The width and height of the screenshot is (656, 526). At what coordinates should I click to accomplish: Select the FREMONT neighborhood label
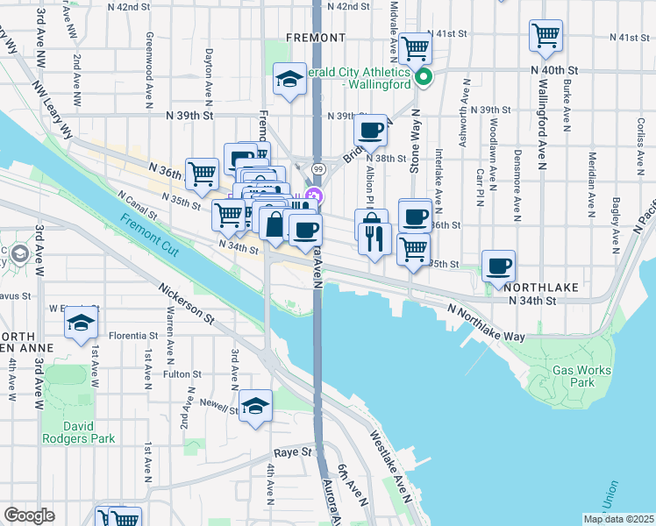pos(315,38)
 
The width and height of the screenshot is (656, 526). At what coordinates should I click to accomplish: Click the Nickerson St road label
pos(187,302)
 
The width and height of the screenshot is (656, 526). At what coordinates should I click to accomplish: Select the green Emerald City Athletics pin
pos(424,77)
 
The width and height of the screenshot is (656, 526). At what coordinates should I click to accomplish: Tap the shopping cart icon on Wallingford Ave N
pos(545,37)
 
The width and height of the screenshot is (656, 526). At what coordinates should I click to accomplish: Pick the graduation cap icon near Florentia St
pos(81,323)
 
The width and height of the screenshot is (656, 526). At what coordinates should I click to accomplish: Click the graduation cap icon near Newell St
pos(255,406)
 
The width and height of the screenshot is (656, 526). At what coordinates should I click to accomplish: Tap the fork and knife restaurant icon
pos(375,238)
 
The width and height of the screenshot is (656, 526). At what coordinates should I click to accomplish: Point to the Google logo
pos(29,515)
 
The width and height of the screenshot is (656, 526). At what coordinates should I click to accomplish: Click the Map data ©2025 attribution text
pos(618,519)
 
